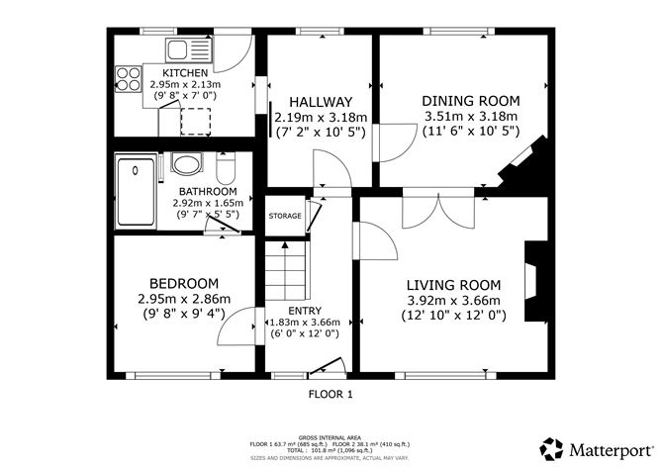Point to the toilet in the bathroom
tap(185, 163)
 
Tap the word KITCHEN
tap(185, 73)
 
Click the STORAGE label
tap(285, 216)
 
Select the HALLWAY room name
tap(321, 102)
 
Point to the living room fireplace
tap(535, 281)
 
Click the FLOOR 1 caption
tap(330, 393)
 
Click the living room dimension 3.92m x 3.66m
tap(454, 301)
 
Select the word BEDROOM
tap(184, 282)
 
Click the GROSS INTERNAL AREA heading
tap(330, 436)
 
